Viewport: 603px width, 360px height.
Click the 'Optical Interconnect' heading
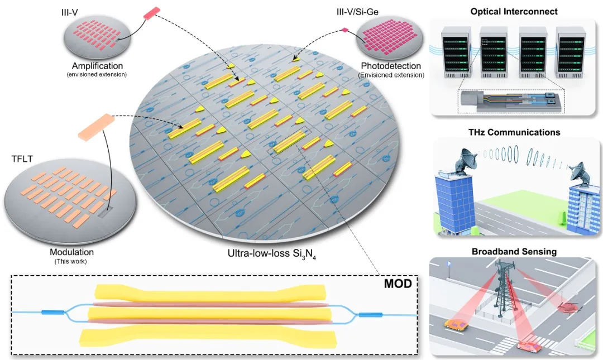coord(514,12)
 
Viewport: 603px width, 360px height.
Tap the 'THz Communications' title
coord(514,132)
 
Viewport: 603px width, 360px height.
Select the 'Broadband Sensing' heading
coord(514,252)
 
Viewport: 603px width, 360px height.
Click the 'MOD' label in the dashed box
coord(398,284)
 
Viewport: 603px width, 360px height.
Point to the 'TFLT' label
coord(22,159)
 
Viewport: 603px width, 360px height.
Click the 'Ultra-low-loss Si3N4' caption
coord(272,254)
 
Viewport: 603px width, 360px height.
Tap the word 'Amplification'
coord(97,66)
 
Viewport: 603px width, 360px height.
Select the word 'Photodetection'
coord(391,66)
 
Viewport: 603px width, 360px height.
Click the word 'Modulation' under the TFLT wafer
coord(71,252)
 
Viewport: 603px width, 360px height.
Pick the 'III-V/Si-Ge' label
coord(357,12)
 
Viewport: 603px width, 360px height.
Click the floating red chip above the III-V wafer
coord(151,13)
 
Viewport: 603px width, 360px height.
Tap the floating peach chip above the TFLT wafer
coord(97,127)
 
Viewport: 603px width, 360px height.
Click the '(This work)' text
coord(71,262)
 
